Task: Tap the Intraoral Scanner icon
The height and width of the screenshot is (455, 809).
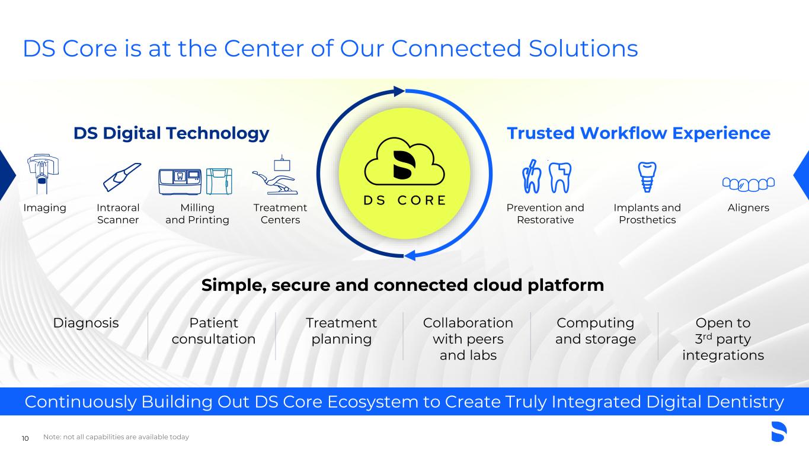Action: pyautogui.click(x=121, y=177)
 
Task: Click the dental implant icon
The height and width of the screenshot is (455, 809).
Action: pyautogui.click(x=647, y=177)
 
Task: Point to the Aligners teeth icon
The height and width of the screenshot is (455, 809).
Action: pyautogui.click(x=749, y=184)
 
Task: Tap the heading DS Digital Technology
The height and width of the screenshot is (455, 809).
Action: pyautogui.click(x=171, y=133)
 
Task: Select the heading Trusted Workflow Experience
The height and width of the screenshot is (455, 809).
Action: pyautogui.click(x=638, y=133)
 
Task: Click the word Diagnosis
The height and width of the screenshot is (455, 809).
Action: pyautogui.click(x=86, y=323)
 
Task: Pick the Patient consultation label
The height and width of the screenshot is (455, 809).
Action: pyautogui.click(x=213, y=331)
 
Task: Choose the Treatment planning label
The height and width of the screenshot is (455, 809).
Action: pyautogui.click(x=341, y=331)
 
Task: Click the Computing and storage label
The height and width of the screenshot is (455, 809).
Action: pyautogui.click(x=595, y=331)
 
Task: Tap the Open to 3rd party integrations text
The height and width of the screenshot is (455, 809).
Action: pyautogui.click(x=722, y=339)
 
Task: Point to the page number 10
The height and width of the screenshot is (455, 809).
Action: pyautogui.click(x=25, y=438)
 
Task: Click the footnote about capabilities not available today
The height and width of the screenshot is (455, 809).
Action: pyautogui.click(x=116, y=437)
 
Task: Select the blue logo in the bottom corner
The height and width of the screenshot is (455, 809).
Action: pyautogui.click(x=778, y=432)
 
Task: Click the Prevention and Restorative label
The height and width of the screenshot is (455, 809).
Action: pyautogui.click(x=545, y=214)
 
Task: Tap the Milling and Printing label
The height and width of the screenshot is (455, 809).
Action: pyautogui.click(x=197, y=214)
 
